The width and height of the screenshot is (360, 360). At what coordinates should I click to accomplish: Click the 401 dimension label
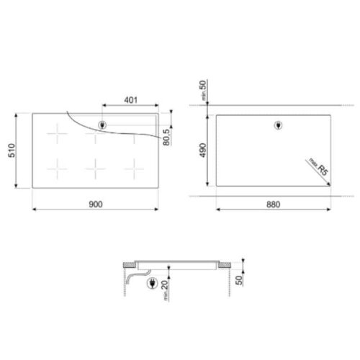(130, 100)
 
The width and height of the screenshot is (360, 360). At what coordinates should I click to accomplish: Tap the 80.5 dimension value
(166, 135)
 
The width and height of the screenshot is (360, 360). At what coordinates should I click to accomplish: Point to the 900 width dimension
(96, 204)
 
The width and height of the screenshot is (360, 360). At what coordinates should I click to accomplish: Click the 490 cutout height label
(204, 150)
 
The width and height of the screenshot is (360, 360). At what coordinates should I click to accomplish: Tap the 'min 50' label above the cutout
(204, 93)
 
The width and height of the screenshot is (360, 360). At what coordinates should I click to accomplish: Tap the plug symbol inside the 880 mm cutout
(279, 127)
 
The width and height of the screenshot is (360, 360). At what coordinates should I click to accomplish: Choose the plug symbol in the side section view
(152, 285)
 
